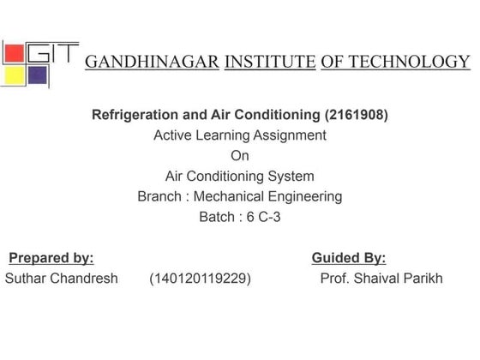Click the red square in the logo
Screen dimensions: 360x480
pos(15,54)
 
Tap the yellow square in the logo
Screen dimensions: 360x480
pos(15,75)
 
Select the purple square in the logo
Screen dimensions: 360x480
pos(37,75)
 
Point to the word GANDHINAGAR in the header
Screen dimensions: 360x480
pos(152,62)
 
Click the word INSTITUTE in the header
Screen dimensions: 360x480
pos(268,62)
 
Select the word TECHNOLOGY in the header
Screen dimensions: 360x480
pos(409,62)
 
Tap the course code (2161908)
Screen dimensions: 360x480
pos(355,114)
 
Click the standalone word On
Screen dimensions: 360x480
pos(240,155)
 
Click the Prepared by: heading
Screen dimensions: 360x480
pos(51,257)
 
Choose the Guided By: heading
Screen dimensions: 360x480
pos(349,257)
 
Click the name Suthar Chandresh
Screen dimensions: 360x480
pos(62,279)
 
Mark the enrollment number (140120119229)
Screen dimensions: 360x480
pos(201,279)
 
